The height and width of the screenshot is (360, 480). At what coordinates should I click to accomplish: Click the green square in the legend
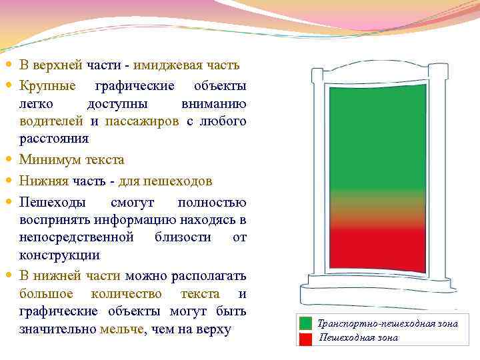305,324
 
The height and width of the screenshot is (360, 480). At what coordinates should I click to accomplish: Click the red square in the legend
305,338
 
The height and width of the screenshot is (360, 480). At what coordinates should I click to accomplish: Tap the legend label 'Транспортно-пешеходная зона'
387,323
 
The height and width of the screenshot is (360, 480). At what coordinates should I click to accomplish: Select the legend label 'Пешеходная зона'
358,337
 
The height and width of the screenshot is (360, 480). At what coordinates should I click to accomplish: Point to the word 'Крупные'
47,86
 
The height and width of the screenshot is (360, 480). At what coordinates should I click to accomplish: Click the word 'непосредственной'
77,237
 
